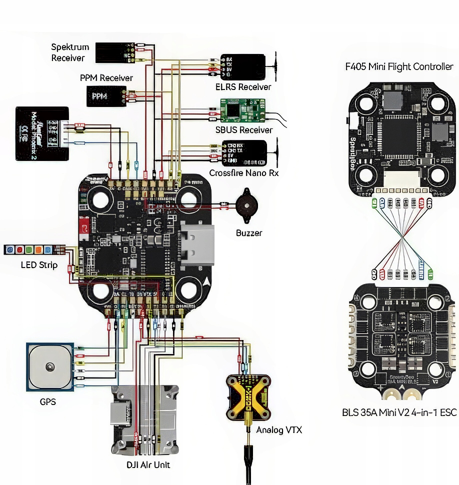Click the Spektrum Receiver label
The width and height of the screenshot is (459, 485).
pos(70,52)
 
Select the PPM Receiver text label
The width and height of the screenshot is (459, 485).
pos(106,78)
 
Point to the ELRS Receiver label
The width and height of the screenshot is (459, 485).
pos(243,87)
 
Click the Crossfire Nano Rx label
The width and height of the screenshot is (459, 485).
pos(243,173)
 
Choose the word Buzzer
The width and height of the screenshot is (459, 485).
pos(249,233)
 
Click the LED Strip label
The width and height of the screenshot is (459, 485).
pos(39,265)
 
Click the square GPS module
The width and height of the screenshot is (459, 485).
pos(49,367)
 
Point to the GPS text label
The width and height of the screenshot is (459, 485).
pos(48,401)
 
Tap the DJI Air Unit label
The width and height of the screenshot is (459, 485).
pos(148,464)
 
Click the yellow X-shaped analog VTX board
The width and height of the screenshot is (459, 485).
pos(248,396)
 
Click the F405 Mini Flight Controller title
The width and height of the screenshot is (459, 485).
pos(399,66)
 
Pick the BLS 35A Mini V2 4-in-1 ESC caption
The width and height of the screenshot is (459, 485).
pos(399,413)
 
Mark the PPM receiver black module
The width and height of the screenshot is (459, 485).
pos(106,95)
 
